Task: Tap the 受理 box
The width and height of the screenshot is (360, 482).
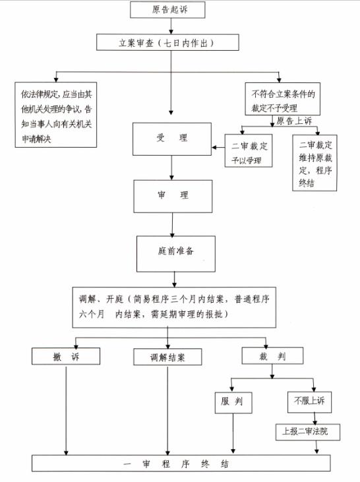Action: [171, 138]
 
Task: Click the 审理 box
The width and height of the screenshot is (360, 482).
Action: [172, 196]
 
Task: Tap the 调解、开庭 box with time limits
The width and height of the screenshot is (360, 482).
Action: [174, 307]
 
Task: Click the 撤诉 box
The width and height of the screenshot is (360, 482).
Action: [66, 357]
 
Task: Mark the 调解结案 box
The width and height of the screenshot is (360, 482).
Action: [167, 357]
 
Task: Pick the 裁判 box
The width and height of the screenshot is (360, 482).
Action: [272, 357]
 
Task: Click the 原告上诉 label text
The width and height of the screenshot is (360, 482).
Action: [293, 121]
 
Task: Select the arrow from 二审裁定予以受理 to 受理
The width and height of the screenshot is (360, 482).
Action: [218, 146]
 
